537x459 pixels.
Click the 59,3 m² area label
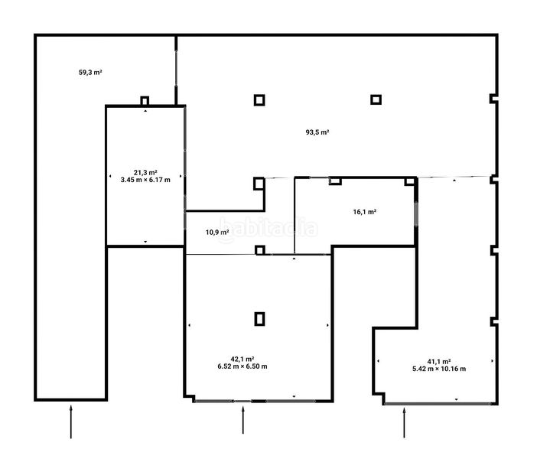pyautogui.click(x=90, y=72)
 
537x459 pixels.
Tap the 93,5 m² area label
pyautogui.click(x=317, y=132)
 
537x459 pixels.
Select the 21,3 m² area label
pyautogui.click(x=145, y=172)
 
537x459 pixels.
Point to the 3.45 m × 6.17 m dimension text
pyautogui.click(x=145, y=180)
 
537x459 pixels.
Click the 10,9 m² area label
pyautogui.click(x=217, y=232)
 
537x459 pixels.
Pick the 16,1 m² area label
pyautogui.click(x=365, y=212)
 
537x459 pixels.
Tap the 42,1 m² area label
pyautogui.click(x=242, y=359)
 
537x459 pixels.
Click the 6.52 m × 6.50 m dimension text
pyautogui.click(x=242, y=366)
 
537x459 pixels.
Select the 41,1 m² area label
pyautogui.click(x=439, y=361)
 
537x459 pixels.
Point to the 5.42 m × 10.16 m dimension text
pyautogui.click(x=439, y=369)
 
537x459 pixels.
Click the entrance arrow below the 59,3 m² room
pyautogui.click(x=71, y=422)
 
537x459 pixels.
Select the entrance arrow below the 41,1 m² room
pyautogui.click(x=404, y=422)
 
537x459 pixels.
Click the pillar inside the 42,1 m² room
pyautogui.click(x=259, y=318)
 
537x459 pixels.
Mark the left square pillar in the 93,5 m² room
pyautogui.click(x=259, y=100)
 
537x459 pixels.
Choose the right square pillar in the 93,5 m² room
pyautogui.click(x=376, y=99)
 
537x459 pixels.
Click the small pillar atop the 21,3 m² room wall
pyautogui.click(x=145, y=101)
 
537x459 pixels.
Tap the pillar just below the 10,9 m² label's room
pyautogui.click(x=260, y=250)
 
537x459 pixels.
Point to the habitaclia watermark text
pyautogui.click(x=268, y=228)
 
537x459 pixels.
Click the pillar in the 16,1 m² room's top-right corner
pyautogui.click(x=410, y=181)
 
